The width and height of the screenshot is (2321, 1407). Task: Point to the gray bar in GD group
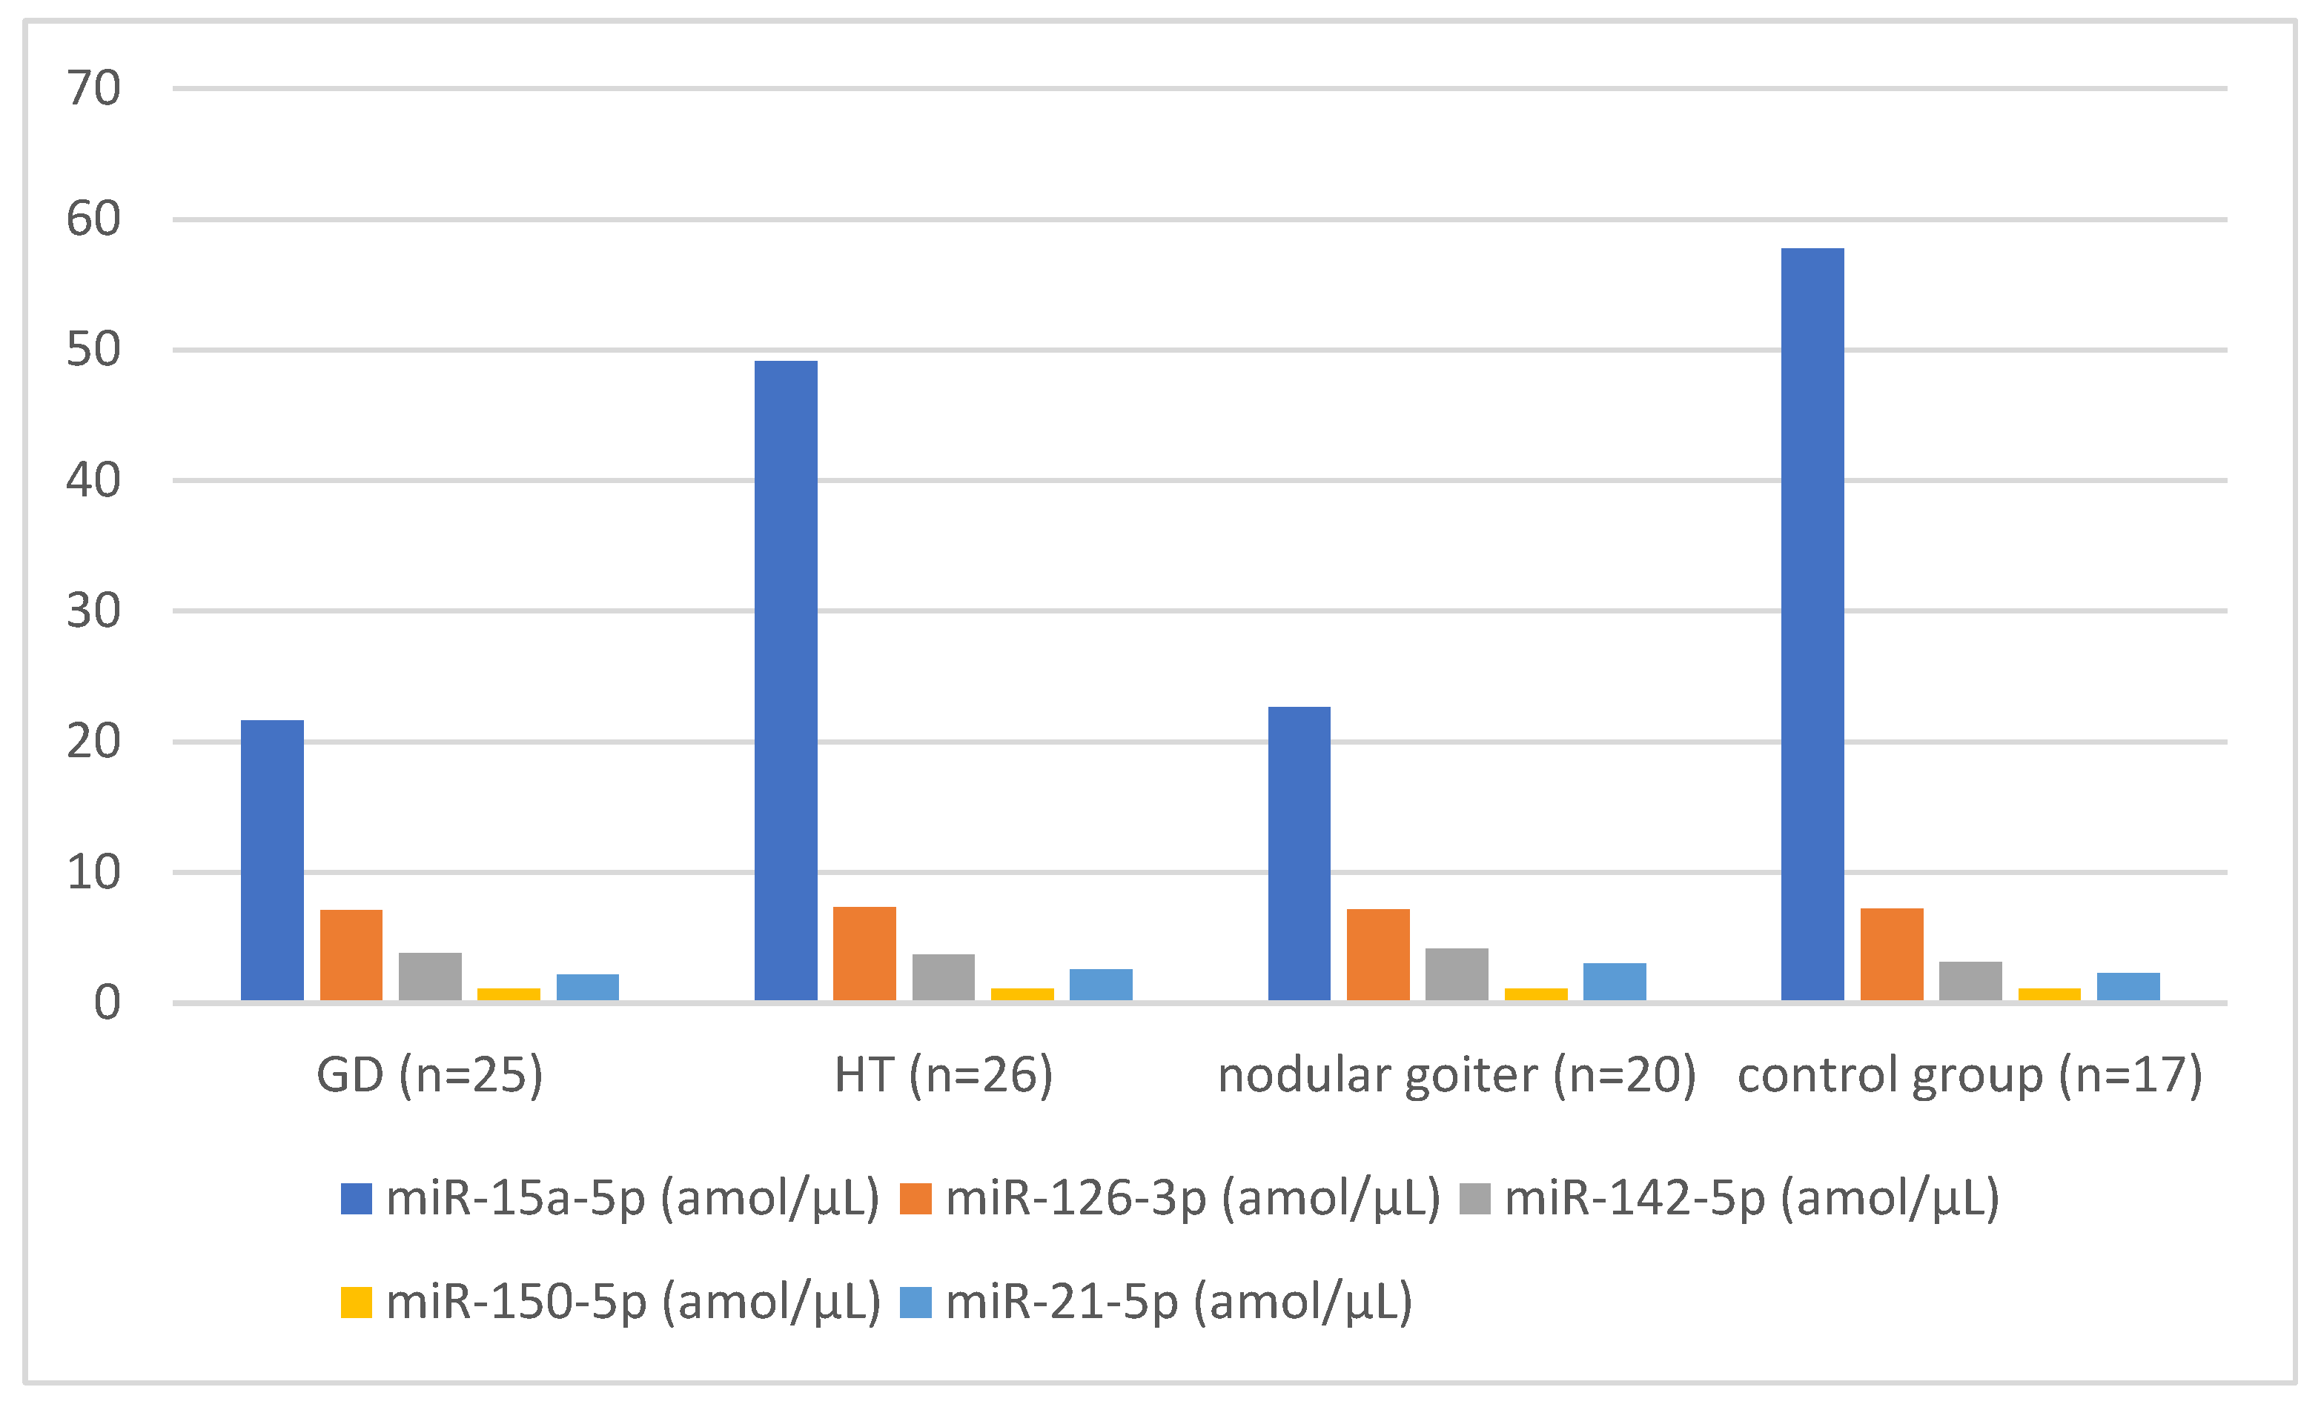429,976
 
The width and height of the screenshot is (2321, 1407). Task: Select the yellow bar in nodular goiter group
1535,994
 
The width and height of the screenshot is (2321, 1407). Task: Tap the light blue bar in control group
2128,986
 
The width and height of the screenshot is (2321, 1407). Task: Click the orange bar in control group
1892,954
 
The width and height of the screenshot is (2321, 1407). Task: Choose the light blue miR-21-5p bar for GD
587,987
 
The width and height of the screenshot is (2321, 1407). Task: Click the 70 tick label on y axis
93,88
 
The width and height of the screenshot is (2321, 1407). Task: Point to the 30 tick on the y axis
93,611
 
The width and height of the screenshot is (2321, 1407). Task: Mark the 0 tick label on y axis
107,1003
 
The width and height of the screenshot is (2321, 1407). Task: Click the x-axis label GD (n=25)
429,1074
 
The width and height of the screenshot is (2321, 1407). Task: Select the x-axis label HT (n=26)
943,1074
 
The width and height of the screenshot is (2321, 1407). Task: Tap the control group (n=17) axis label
1970,1074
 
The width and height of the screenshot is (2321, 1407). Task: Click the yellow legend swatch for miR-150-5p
356,1303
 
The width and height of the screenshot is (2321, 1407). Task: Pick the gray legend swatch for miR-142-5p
1475,1199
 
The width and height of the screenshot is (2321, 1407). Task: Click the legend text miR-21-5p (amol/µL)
1179,1303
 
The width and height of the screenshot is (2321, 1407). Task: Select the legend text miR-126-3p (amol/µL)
1193,1199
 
